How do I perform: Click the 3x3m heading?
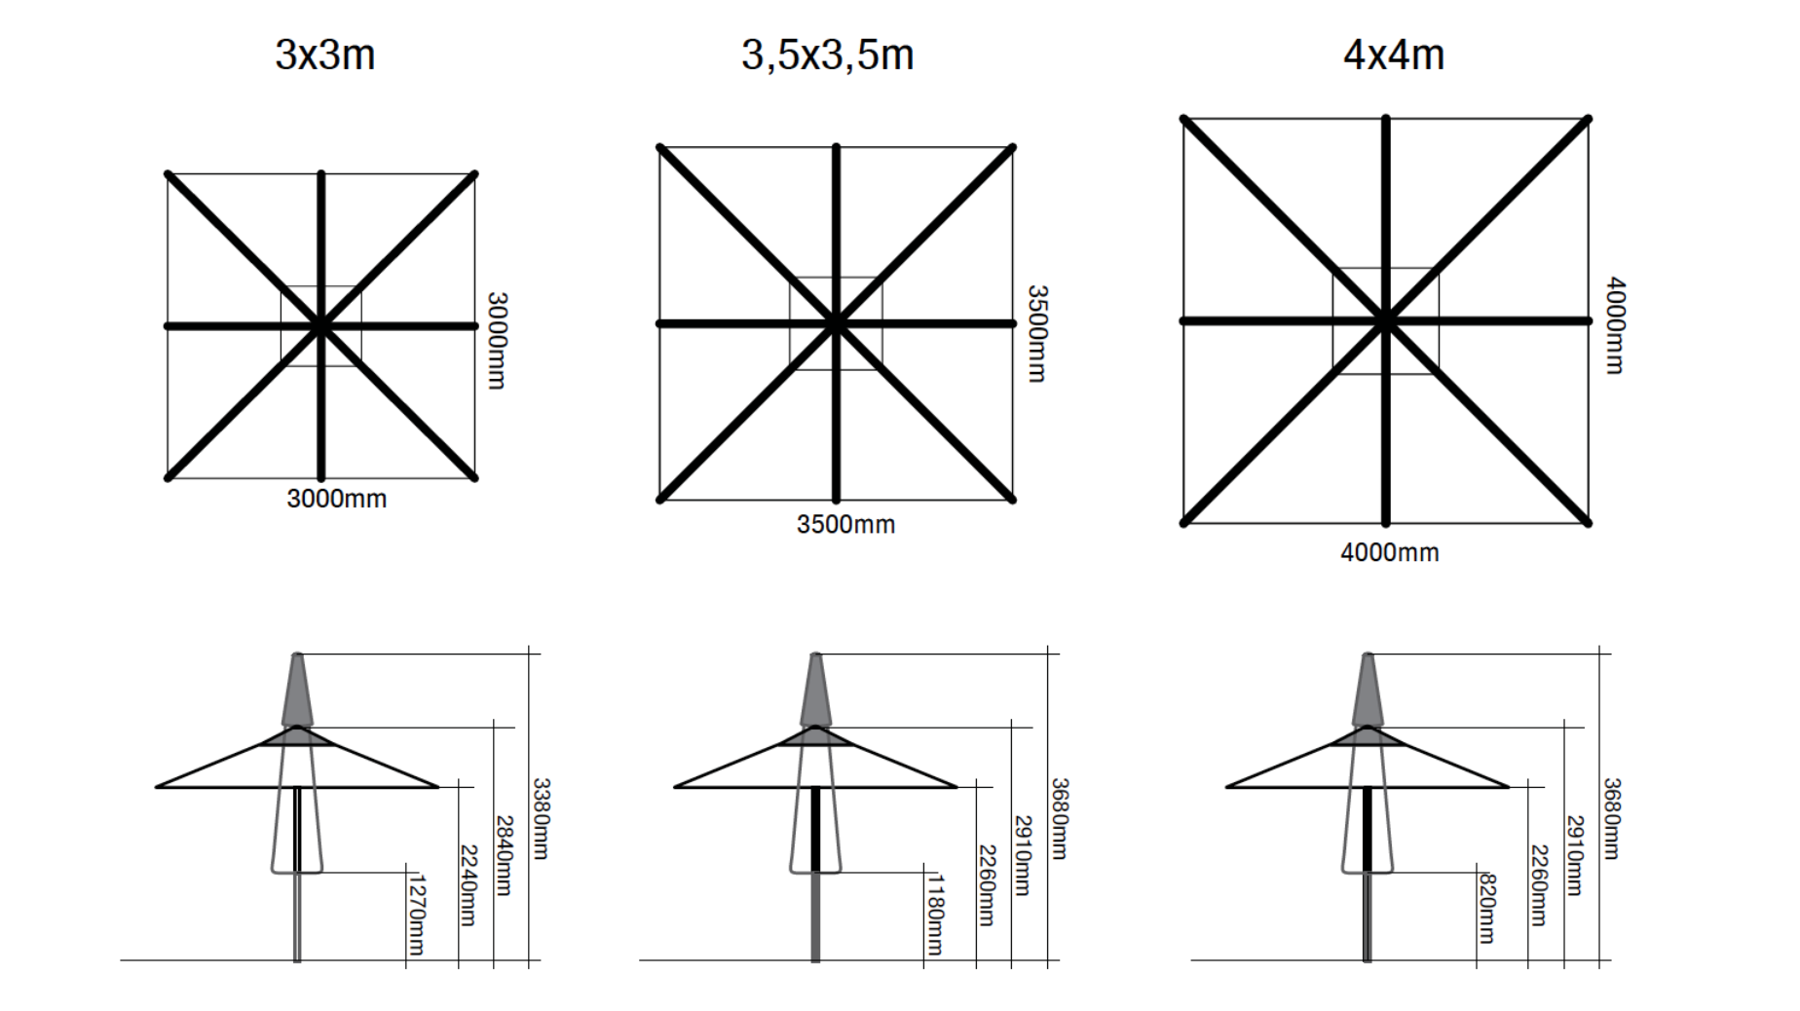[324, 55]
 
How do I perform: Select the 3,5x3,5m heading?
[827, 56]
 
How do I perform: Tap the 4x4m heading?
[1393, 55]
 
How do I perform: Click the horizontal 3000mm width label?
[336, 499]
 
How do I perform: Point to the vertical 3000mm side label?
[497, 340]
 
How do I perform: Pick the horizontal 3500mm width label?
[845, 524]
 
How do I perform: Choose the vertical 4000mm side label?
[1615, 325]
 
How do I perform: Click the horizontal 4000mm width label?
[1389, 552]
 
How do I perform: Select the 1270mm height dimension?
[417, 915]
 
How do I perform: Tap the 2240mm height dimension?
[469, 884]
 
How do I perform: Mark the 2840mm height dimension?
[504, 855]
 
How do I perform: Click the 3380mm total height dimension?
[541, 818]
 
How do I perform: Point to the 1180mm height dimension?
[935, 915]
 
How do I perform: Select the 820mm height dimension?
[1487, 909]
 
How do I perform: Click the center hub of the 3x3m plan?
[320, 325]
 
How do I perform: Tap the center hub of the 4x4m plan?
[1385, 320]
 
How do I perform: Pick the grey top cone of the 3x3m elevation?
[297, 690]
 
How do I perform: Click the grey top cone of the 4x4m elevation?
[1368, 690]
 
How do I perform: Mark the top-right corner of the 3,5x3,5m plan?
[1012, 148]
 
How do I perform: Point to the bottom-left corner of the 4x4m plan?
[1184, 523]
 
